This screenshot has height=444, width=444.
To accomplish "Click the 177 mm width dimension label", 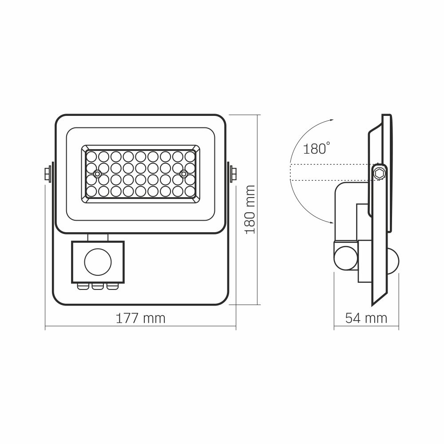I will [140, 318].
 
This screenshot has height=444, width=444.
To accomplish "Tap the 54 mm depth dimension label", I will [366, 318].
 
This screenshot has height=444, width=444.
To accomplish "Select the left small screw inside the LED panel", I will [97, 173].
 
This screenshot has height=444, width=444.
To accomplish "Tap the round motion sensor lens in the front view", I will [96, 262].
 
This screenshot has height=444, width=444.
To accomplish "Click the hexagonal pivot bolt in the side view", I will [379, 173].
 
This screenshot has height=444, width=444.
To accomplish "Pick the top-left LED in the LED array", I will [91, 157].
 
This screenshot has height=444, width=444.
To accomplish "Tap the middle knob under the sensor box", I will [97, 286].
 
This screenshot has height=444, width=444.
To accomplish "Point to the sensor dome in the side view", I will [392, 262].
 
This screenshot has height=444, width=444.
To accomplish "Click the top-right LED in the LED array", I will [190, 157].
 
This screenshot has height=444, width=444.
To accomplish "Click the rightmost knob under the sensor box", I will [111, 286].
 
